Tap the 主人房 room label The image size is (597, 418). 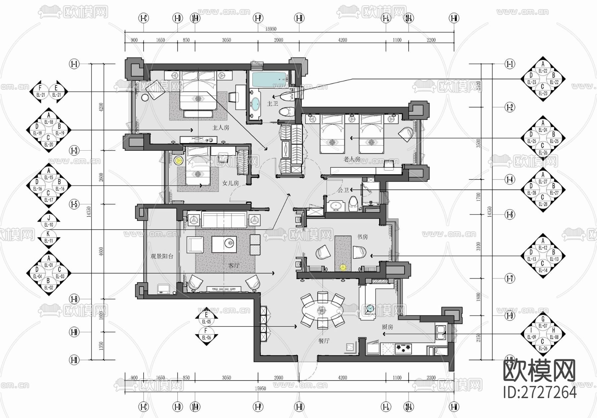coord(221,128)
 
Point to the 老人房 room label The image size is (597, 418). coord(352,160)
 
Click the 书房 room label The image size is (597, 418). coord(362,237)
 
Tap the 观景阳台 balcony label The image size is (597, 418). coord(162,256)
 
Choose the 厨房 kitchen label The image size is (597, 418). coord(387,327)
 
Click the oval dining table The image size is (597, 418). coord(322,310)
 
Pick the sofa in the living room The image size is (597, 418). coord(224,220)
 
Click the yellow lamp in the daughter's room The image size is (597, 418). coord(179,161)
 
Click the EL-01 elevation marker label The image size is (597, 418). coord(49,265)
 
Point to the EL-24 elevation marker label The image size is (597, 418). coord(543,130)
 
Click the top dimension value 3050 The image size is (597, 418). coord(226,40)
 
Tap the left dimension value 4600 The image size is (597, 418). coord(101,252)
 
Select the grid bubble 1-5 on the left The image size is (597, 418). coord(74,204)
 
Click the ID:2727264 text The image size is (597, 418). coord(540,392)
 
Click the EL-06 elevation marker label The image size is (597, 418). coord(206,338)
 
